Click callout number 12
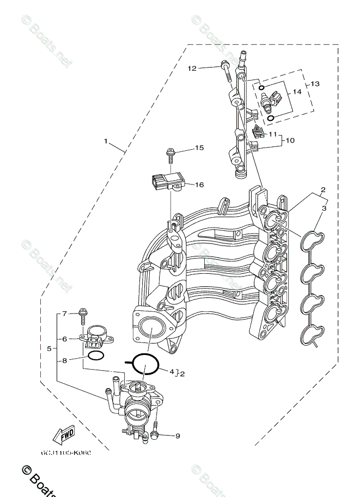pos(192,68)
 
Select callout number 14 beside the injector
pos(297,91)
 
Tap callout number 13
pos(315,84)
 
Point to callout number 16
pos(199,185)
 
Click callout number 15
pos(199,148)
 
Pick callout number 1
pos(106,141)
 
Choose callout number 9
pos(177,435)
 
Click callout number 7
pos(64,314)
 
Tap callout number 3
pos(324,208)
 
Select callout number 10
pos(289,140)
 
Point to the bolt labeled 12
pos(225,72)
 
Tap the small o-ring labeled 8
pos(96,356)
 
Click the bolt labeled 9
pos(155,433)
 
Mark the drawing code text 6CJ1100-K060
pos(65,453)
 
